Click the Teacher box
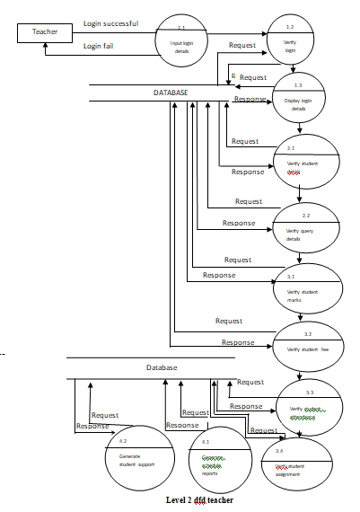point(45,32)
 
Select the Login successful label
point(110,22)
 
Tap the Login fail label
point(100,45)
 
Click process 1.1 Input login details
point(182,41)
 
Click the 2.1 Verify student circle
point(304,161)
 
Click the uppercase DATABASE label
point(170,93)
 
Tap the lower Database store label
point(162,367)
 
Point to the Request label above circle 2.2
point(248,201)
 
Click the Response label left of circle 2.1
point(248,171)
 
